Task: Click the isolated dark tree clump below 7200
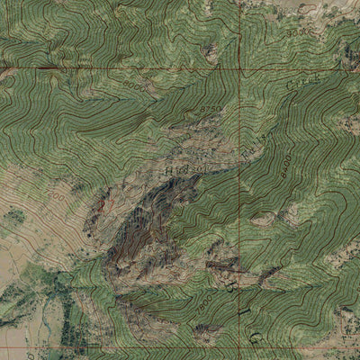tap(14, 217)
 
